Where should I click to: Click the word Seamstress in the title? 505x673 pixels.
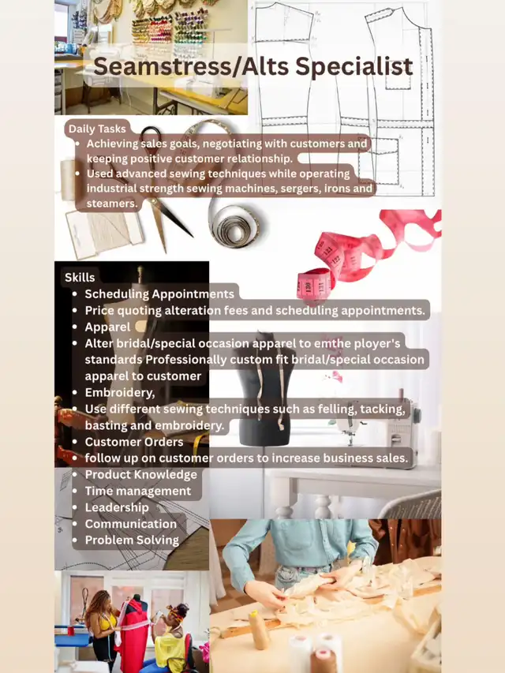pos(163,67)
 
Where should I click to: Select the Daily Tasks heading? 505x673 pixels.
pos(97,129)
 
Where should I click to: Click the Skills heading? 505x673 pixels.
pos(80,277)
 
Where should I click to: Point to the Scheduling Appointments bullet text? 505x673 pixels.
pos(159,294)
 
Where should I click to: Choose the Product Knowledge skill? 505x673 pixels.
pos(141,474)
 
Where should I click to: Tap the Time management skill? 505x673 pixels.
pos(138,491)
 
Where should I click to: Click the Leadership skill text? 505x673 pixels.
pos(117,507)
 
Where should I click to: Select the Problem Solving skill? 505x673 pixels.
pos(132,540)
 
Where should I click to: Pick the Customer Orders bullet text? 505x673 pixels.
pos(134,442)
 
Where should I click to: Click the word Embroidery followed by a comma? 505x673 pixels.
pos(120,393)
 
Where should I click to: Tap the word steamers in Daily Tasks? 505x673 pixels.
pos(112,204)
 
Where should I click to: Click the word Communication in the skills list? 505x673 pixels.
pos(130,524)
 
